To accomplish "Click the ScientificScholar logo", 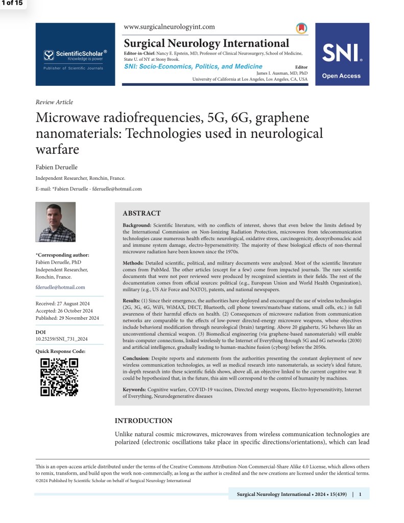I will pyautogui.click(x=75, y=55).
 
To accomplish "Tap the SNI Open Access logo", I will pyautogui.click(x=341, y=55).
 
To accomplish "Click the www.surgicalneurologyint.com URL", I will pyautogui.click(x=170, y=27).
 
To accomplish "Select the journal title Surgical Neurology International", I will pyautogui.click(x=206, y=43).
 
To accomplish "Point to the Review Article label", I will pyautogui.click(x=54, y=102).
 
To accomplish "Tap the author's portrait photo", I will pyautogui.click(x=55, y=222).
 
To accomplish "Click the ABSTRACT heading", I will pyautogui.click(x=141, y=213).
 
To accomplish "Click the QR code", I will pyautogui.click(x=59, y=377).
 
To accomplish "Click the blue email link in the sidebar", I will pyautogui.click(x=60, y=287).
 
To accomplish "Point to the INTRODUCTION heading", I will pyautogui.click(x=144, y=421).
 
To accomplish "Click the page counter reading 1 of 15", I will pyautogui.click(x=12, y=4).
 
